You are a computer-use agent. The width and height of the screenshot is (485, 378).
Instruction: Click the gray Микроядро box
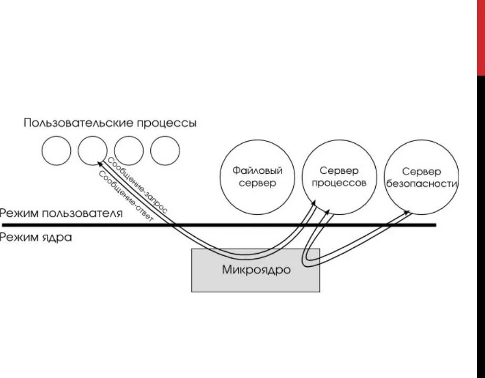point(255,270)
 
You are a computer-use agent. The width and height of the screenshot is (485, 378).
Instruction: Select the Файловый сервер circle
point(258,177)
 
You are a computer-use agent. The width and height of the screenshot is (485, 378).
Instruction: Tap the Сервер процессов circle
point(339,177)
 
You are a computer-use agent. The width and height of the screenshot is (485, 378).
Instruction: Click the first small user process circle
point(56,150)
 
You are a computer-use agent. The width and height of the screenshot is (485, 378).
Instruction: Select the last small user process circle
point(165,150)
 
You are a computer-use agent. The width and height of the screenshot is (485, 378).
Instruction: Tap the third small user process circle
point(129,150)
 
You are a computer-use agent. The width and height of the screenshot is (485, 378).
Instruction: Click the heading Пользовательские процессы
point(110,123)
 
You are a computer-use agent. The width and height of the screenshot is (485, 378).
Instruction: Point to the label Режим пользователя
point(61,214)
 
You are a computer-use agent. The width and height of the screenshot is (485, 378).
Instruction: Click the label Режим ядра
point(36,237)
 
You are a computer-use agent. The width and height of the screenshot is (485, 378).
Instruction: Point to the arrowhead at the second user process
point(99,162)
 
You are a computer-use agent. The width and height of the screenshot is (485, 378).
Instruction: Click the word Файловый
point(258,171)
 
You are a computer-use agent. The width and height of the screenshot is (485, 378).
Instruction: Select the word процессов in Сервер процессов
point(339,184)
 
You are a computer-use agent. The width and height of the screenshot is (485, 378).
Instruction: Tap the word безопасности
point(422,184)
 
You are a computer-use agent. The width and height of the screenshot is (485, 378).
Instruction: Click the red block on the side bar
point(481,37)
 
